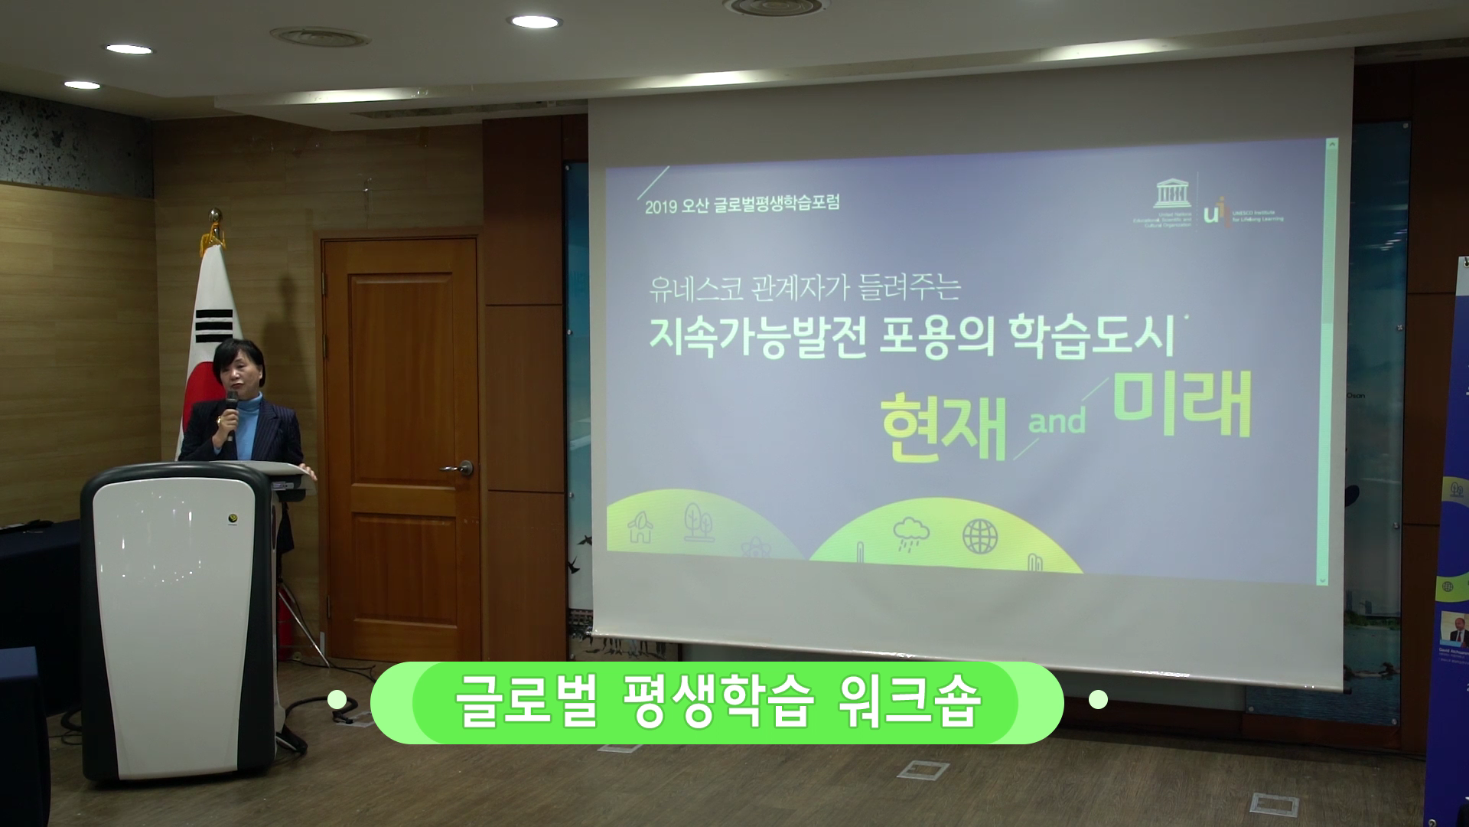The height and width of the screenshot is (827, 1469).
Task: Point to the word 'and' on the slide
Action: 1057,420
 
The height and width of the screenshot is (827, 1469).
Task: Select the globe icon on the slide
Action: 980,536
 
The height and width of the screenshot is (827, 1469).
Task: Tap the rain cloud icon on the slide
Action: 911,531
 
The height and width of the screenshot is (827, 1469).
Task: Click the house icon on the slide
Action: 640,528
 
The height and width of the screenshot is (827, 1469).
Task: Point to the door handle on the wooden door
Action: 460,467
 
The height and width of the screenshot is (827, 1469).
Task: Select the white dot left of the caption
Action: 337,699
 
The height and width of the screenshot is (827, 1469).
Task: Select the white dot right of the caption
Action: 1098,699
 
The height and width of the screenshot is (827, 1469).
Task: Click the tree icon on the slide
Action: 695,521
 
